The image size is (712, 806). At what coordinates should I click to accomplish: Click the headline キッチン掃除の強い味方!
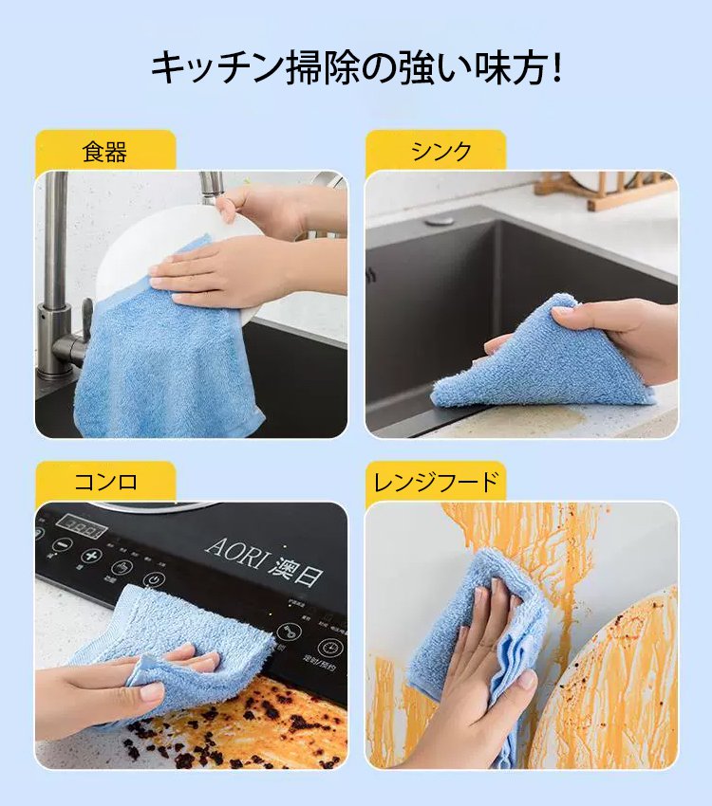(x=356, y=69)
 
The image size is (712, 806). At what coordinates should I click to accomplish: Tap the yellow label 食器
(x=104, y=152)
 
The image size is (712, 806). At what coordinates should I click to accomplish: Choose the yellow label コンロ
(x=105, y=482)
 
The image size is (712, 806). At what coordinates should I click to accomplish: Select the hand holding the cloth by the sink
(x=617, y=332)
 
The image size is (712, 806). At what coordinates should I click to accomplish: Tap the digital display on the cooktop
(x=81, y=525)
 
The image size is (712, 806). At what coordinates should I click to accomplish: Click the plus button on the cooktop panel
(x=91, y=557)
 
